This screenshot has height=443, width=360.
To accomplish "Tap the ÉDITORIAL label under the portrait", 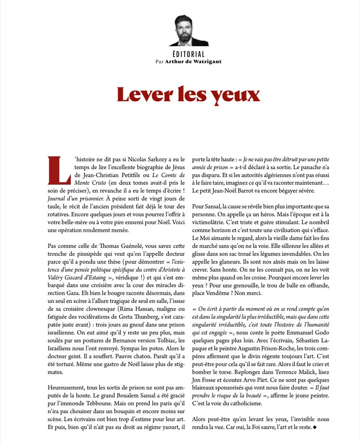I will pos(188,55).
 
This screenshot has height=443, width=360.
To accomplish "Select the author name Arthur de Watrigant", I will pos(194,61).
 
